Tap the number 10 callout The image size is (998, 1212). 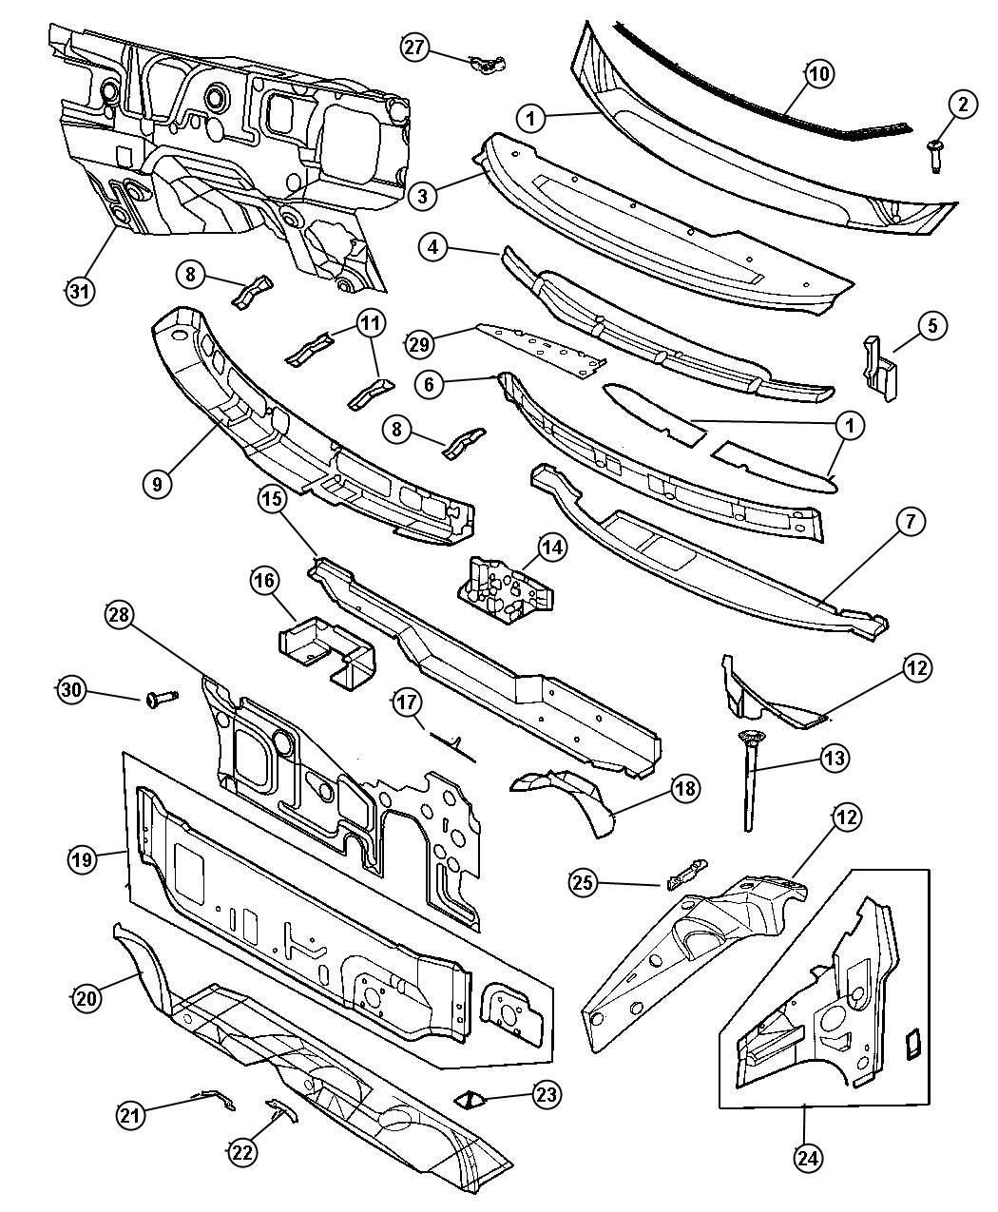818,70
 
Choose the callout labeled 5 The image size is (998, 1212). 931,325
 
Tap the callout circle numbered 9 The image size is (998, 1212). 159,482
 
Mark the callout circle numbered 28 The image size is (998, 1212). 119,617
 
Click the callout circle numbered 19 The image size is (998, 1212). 83,860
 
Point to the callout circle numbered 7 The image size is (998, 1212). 910,521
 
